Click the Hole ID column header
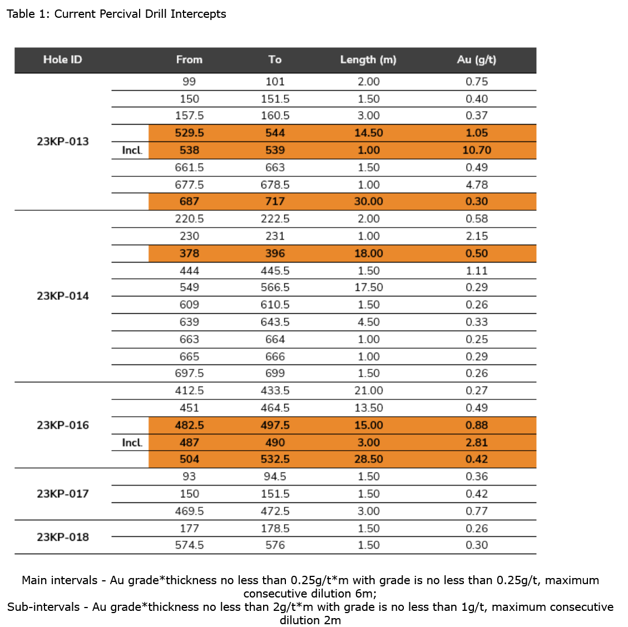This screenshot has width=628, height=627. pyautogui.click(x=62, y=60)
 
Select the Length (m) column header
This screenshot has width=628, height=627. pyautogui.click(x=368, y=60)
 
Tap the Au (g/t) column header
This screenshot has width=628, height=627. pyautogui.click(x=476, y=60)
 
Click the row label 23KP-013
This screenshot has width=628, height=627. pyautogui.click(x=63, y=141)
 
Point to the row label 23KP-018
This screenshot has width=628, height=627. pyautogui.click(x=63, y=537)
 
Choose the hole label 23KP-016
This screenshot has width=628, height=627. pyautogui.click(x=63, y=425)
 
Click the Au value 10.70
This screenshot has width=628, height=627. pyautogui.click(x=477, y=150)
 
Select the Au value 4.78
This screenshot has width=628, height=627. pyautogui.click(x=477, y=185)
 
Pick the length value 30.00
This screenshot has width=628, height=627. pyautogui.click(x=368, y=201)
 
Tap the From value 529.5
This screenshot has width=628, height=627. pyautogui.click(x=189, y=133)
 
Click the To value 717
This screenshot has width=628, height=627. pyautogui.click(x=275, y=201)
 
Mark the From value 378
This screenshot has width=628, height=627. pyautogui.click(x=189, y=253)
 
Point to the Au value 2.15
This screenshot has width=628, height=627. pyautogui.click(x=477, y=236)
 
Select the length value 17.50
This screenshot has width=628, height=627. pyautogui.click(x=368, y=287)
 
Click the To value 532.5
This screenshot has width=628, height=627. pyautogui.click(x=275, y=459)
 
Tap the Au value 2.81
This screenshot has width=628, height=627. pyautogui.click(x=477, y=442)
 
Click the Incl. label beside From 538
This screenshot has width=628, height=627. pyautogui.click(x=132, y=150)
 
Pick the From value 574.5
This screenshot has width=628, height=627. pyautogui.click(x=189, y=545)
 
